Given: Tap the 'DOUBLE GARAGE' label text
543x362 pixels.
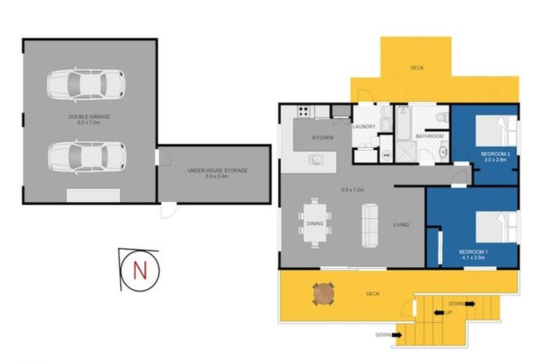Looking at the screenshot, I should pyautogui.click(x=89, y=116).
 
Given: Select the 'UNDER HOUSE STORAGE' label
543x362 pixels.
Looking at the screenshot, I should pyautogui.click(x=217, y=170).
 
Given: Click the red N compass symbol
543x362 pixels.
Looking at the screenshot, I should pyautogui.click(x=139, y=269).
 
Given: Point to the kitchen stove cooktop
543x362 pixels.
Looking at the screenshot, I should pyautogui.click(x=304, y=111).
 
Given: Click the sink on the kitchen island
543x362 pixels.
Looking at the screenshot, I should pyautogui.click(x=315, y=159).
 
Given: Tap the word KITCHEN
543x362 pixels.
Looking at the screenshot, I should pyautogui.click(x=323, y=138).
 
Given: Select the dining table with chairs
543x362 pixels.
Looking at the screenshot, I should pyautogui.click(x=315, y=223).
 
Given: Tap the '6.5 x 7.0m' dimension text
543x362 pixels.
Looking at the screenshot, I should pyautogui.click(x=352, y=189).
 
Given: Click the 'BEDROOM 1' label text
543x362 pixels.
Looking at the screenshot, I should pyautogui.click(x=473, y=252).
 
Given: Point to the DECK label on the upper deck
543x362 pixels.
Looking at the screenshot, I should pyautogui.click(x=417, y=68).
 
